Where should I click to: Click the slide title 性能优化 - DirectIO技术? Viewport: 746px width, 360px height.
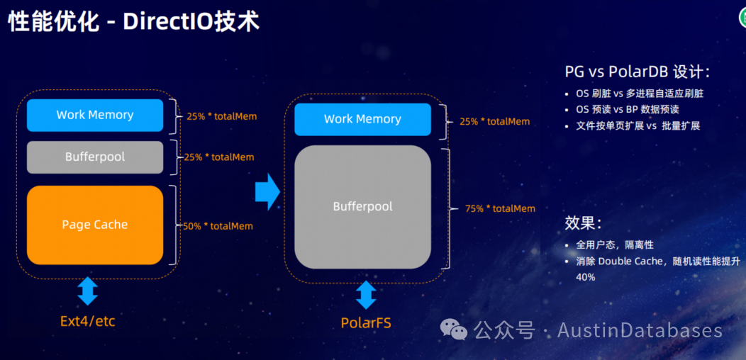coord(133,21)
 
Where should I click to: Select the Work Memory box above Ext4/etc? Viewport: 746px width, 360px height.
coord(95,115)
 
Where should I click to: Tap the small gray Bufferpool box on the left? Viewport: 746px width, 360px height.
coord(95,157)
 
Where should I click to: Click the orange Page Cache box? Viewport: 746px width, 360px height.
coord(95,225)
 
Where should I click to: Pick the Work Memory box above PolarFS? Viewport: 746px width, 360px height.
coord(362,119)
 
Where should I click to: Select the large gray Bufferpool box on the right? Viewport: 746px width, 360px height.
coord(362,207)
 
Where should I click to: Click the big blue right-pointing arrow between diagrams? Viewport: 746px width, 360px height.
coord(267,192)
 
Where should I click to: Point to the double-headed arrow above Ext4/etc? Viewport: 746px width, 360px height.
coord(87,291)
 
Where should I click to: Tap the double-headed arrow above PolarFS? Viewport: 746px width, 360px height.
coord(366,295)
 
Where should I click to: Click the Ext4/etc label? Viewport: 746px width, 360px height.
coord(87,321)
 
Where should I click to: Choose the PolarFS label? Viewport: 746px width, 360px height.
coord(366,323)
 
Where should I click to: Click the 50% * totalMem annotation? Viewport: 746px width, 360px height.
coord(218,226)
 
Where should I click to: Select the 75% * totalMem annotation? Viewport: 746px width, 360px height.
coord(500,208)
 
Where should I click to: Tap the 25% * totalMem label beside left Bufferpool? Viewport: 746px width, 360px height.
coord(218,157)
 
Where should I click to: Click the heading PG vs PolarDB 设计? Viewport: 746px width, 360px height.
coord(637,72)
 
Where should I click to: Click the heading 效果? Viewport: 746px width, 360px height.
coord(583,223)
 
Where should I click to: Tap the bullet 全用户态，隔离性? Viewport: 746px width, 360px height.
coord(615,244)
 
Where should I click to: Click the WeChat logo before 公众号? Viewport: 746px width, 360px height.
coord(454,330)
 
